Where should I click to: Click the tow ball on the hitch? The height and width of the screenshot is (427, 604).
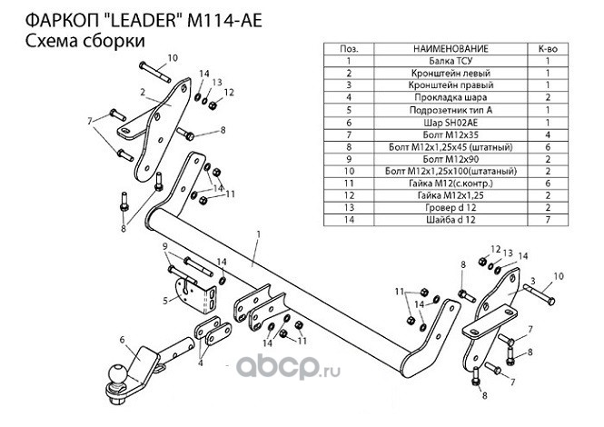(x=118, y=373)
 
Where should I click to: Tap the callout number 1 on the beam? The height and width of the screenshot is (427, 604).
(x=259, y=233)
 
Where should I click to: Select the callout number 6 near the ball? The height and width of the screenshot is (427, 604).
(x=122, y=340)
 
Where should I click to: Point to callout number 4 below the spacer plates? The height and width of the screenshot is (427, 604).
(x=201, y=363)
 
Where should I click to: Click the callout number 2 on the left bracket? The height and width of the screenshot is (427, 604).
(x=143, y=92)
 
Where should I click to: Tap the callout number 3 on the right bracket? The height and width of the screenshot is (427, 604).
(x=533, y=282)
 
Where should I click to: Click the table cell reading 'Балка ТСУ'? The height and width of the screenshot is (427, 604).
(x=451, y=61)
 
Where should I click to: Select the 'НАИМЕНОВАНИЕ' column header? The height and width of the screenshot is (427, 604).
(x=451, y=49)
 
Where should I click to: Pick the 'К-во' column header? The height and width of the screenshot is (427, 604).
(x=548, y=49)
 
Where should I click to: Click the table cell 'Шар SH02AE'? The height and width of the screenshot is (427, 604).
(x=451, y=123)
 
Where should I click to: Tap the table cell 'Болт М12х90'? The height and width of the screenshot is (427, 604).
(x=451, y=159)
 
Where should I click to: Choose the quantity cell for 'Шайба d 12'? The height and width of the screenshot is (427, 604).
(x=548, y=220)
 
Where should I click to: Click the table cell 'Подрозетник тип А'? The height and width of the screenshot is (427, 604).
(x=451, y=110)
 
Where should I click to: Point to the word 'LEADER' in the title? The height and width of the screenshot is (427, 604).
(x=143, y=21)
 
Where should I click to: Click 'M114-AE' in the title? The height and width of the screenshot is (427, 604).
(x=224, y=21)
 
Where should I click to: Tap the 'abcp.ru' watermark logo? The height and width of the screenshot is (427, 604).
(x=288, y=366)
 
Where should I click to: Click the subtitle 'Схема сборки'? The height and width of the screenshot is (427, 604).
(x=85, y=41)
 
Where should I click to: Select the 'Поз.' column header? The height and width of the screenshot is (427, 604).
(x=349, y=49)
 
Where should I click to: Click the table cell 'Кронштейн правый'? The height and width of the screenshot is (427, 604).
(x=451, y=85)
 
